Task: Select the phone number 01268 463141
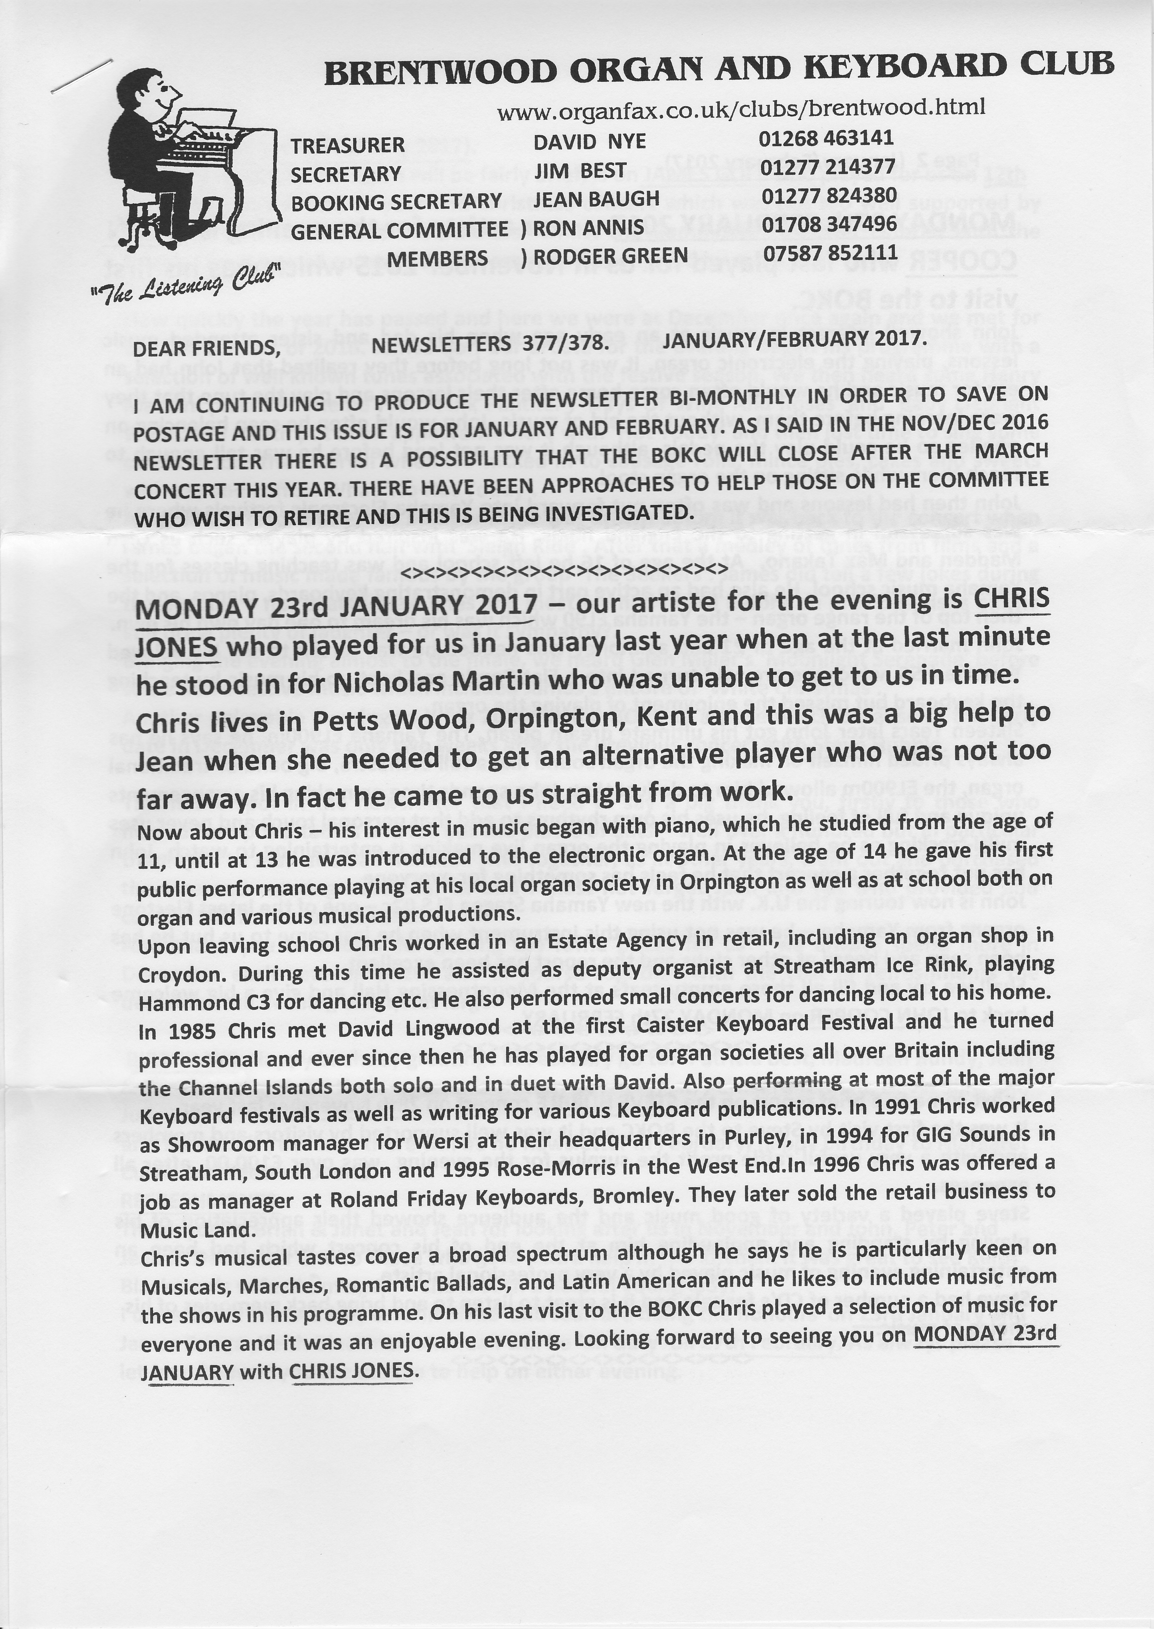click(826, 139)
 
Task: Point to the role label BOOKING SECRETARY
click(396, 202)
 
